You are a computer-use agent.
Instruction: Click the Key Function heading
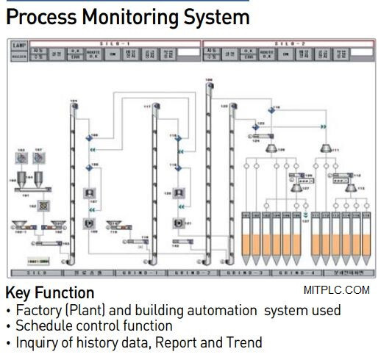(49, 292)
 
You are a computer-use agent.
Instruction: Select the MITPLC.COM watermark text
(335, 290)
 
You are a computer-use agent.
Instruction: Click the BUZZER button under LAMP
(20, 54)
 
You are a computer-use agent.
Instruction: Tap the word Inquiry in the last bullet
(37, 342)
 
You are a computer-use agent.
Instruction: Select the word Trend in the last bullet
(245, 342)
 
